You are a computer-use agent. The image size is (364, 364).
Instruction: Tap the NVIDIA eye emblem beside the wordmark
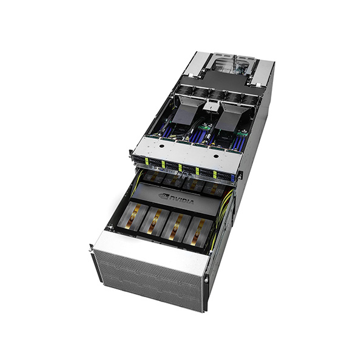(164, 196)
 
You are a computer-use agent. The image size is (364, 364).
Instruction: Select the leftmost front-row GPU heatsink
(133, 215)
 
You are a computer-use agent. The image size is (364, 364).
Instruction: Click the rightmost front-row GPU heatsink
(198, 231)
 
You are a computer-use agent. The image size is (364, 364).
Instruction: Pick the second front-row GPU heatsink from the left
(154, 220)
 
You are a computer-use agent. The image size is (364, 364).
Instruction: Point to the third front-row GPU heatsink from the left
(176, 226)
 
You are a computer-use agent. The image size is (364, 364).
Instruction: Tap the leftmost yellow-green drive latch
(147, 161)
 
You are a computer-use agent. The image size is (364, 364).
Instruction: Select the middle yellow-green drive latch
(180, 167)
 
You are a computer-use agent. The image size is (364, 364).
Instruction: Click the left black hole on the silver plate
(162, 146)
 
